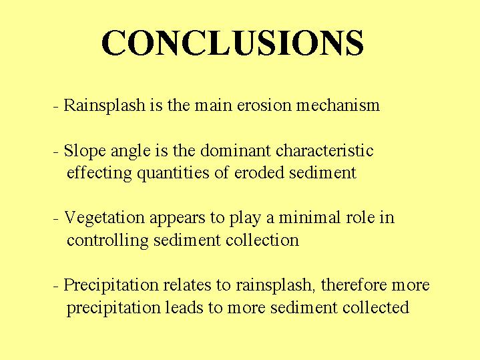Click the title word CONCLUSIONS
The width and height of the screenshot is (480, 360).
(x=232, y=43)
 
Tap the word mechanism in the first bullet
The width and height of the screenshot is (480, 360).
(x=338, y=105)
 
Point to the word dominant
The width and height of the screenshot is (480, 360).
(x=236, y=150)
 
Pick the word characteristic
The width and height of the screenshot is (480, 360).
(x=324, y=150)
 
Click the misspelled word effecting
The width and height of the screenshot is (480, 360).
(x=99, y=173)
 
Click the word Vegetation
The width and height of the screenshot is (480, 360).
(x=104, y=218)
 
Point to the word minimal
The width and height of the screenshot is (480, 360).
(x=310, y=217)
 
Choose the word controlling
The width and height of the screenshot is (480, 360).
(x=107, y=240)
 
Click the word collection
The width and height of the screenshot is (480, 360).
(x=262, y=240)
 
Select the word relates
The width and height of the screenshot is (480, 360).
(x=187, y=285)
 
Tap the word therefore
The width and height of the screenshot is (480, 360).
(x=354, y=285)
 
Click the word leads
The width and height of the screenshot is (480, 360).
(x=184, y=307)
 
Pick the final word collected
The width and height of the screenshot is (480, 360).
(x=376, y=307)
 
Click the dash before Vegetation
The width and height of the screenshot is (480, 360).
(x=55, y=220)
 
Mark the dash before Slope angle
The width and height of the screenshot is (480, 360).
(x=55, y=153)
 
